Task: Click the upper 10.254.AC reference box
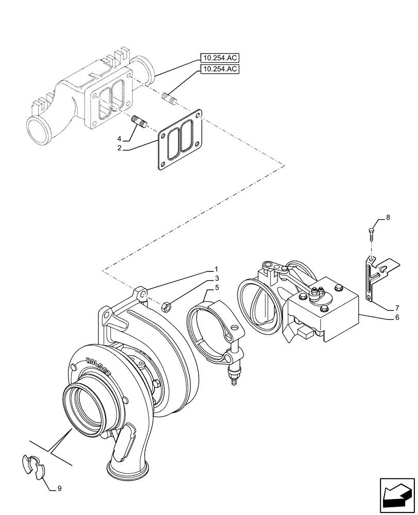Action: click(220, 58)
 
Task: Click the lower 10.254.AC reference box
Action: click(220, 70)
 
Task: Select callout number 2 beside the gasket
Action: click(119, 148)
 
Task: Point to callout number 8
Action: click(388, 218)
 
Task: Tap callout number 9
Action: click(59, 489)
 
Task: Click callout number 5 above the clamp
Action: click(217, 287)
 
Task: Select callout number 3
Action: click(217, 279)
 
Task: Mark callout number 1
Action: click(217, 269)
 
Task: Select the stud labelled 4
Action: click(139, 123)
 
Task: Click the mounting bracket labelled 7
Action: click(372, 278)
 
